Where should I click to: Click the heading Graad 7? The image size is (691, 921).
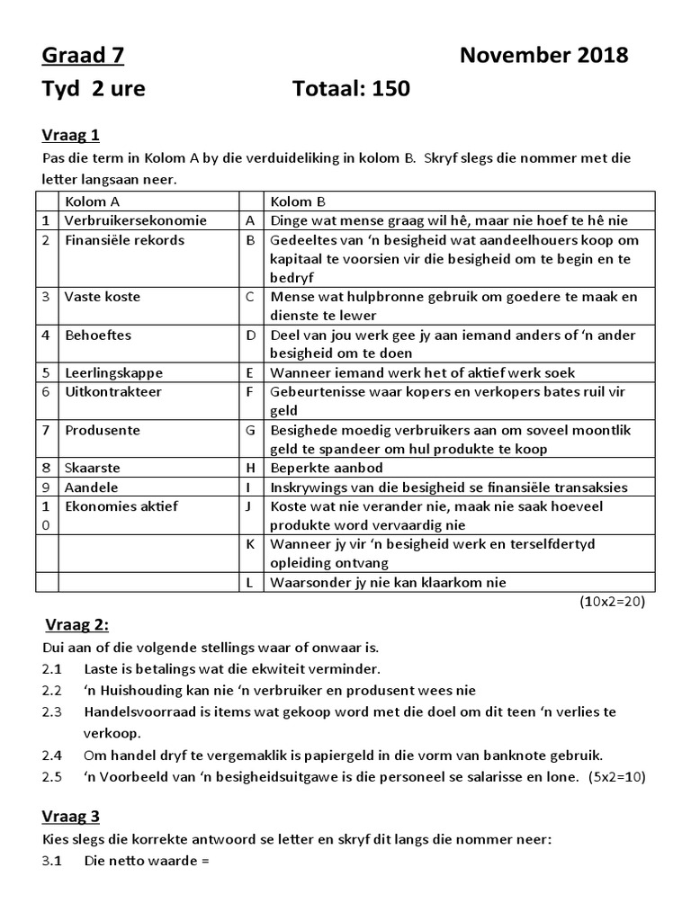coord(83,57)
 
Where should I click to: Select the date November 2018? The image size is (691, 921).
coord(543,57)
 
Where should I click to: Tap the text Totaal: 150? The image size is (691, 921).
coord(351,89)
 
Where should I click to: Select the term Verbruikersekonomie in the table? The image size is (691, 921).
coord(136,220)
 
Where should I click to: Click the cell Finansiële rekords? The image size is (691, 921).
coord(124,240)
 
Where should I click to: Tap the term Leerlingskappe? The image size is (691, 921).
coord(111,372)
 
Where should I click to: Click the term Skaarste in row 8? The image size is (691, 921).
coord(92,468)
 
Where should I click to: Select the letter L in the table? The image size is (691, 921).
coord(250,582)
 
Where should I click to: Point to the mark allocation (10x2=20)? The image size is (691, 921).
coord(612,602)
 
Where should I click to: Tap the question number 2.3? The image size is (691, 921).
coord(53,711)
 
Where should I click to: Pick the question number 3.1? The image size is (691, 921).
coord(53,862)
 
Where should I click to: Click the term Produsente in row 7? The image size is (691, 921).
coord(102,430)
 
